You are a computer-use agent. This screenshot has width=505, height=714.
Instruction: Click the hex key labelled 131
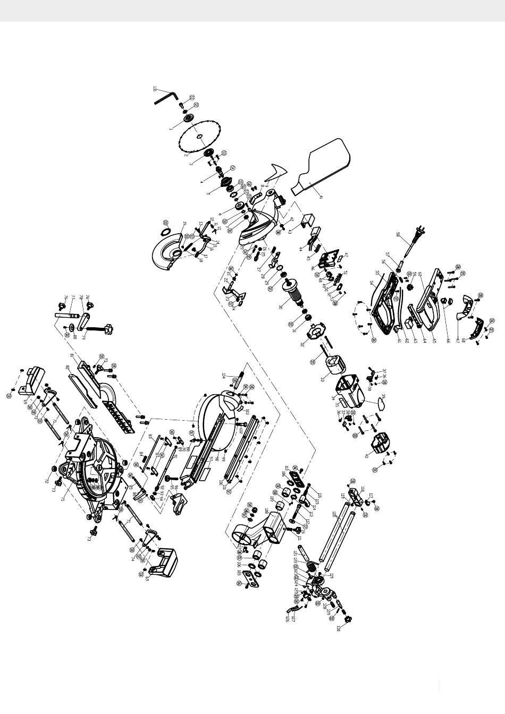pyautogui.click(x=166, y=97)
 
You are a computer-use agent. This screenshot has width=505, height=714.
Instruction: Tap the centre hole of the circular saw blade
pyautogui.click(x=199, y=137)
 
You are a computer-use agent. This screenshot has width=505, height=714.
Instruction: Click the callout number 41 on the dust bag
pyautogui.click(x=321, y=196)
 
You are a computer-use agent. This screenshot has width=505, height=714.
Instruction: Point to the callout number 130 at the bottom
pyautogui.click(x=339, y=629)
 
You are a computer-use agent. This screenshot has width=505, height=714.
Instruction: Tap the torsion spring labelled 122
pyautogui.click(x=309, y=564)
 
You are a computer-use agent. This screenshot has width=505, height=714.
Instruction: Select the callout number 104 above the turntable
pyautogui.click(x=224, y=375)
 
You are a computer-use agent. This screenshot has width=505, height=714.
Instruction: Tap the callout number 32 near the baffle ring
pyautogui.click(x=302, y=344)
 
